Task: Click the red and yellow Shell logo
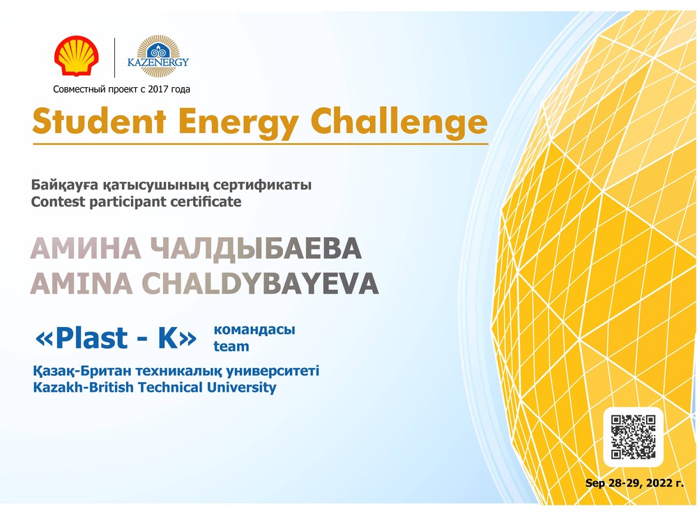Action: [x=77, y=56]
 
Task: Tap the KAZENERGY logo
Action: [x=158, y=56]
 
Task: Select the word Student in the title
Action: [x=99, y=121]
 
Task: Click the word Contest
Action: [x=58, y=202]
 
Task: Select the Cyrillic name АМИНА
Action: [x=85, y=248]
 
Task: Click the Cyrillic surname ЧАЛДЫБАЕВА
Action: [x=256, y=248]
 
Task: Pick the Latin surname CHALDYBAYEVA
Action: [x=260, y=283]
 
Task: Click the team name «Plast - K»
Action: [x=116, y=338]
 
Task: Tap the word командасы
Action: [x=254, y=330]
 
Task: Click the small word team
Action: [x=231, y=346]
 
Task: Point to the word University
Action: [x=241, y=388]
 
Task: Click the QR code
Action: [x=633, y=436]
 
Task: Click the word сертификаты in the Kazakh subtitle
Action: [x=262, y=185]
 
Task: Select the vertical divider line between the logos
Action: [x=115, y=58]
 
